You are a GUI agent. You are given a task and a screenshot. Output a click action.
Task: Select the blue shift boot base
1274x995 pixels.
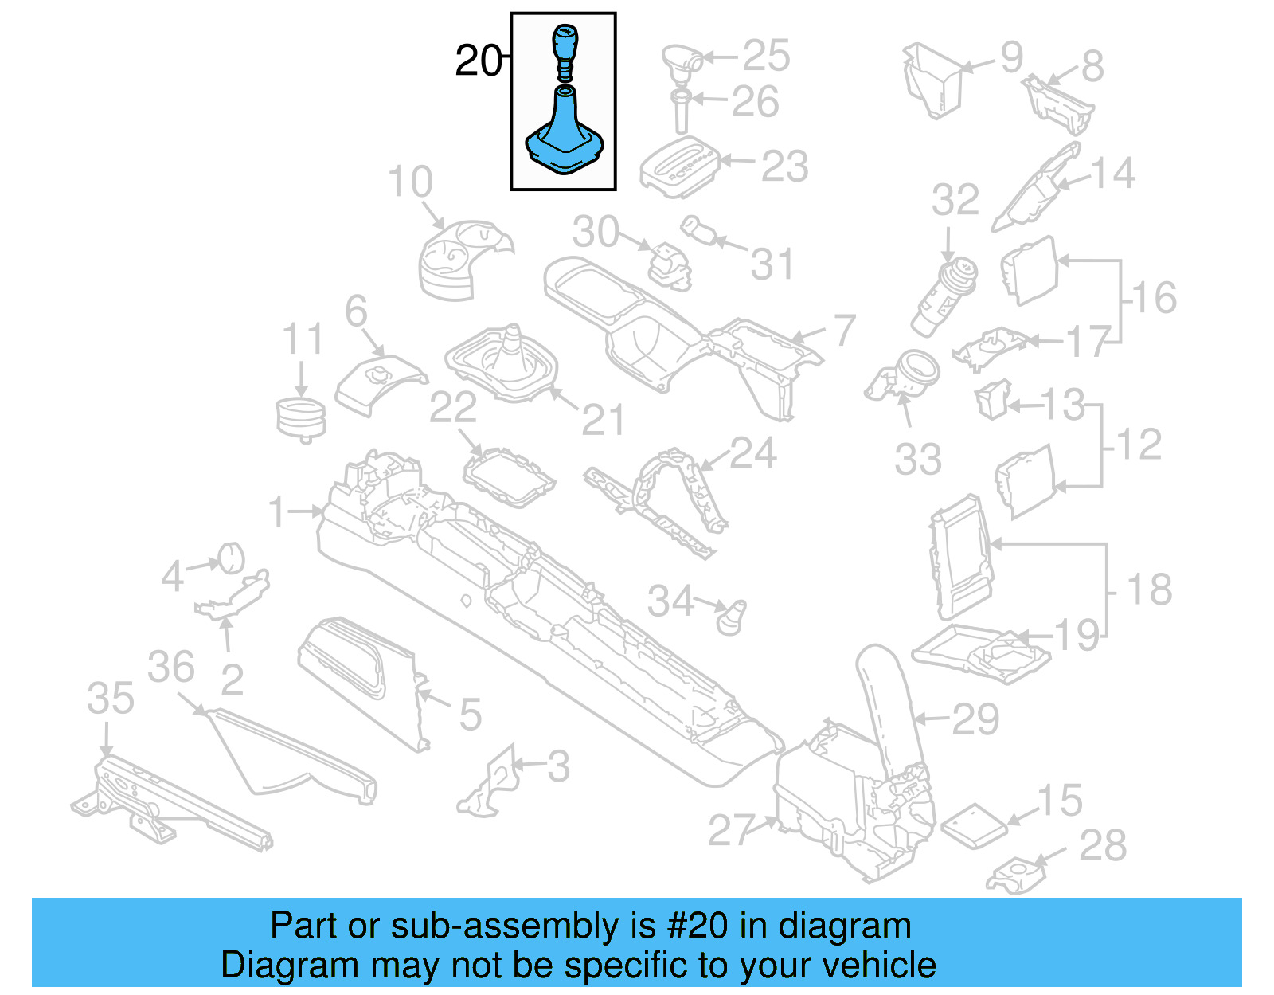[565, 139]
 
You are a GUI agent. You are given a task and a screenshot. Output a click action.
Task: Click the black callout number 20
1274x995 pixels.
[478, 61]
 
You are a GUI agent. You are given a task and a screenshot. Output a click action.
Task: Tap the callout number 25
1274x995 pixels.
[766, 56]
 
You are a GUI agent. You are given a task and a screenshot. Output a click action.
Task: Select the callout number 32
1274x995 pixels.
[955, 201]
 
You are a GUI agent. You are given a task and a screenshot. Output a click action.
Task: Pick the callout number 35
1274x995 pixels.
[111, 699]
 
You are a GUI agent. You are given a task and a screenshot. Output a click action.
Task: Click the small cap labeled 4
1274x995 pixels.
[231, 557]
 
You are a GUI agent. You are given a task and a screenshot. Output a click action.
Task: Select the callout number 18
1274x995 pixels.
[1149, 590]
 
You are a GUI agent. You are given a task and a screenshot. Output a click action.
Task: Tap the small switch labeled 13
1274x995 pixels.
[993, 398]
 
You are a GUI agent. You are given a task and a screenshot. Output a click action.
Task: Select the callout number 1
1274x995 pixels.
[276, 511]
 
